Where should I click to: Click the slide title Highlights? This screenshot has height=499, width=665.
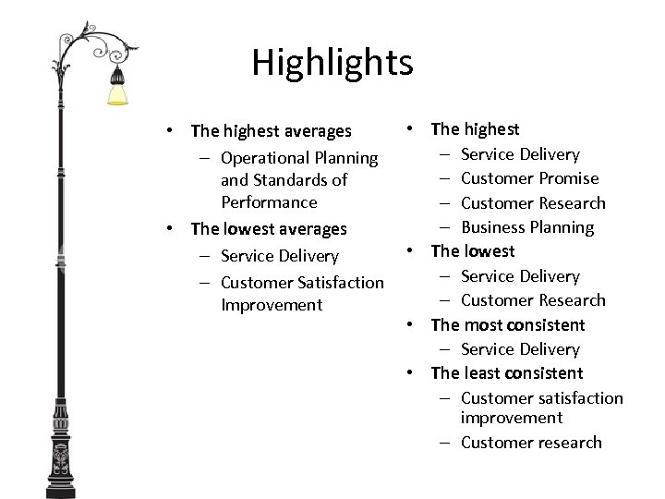[x=332, y=63]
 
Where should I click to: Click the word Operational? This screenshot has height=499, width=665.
[x=264, y=159]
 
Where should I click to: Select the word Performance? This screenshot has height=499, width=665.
[x=269, y=202]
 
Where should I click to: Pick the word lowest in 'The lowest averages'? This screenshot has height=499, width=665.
[x=252, y=228]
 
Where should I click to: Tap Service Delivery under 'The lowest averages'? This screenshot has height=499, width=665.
[x=280, y=256]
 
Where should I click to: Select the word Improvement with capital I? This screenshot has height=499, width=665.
[x=272, y=305]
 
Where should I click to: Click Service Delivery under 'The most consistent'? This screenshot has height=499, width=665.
[x=520, y=349]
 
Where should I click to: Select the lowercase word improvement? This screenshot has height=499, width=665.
[x=511, y=418]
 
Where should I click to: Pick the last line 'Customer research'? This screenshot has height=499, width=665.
[x=531, y=443]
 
